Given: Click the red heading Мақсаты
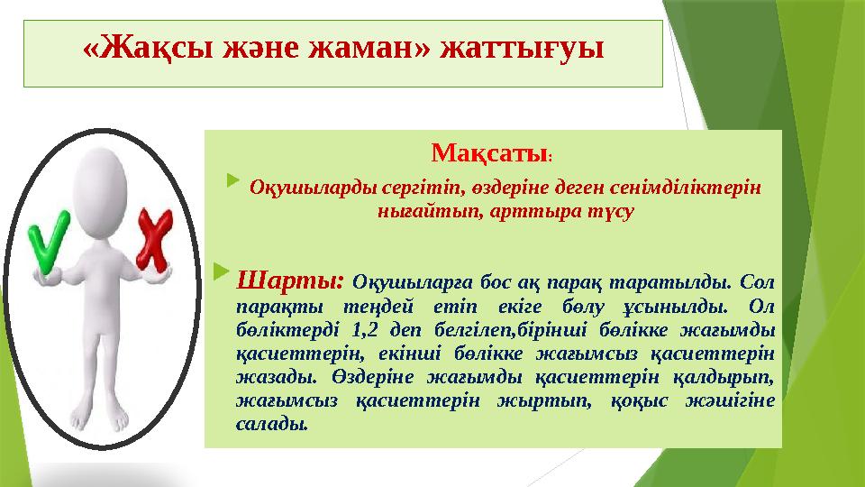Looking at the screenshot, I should coord(488,154).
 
